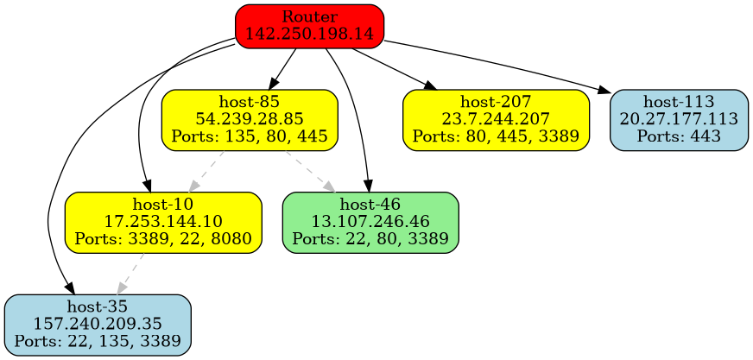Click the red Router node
pyautogui.click(x=309, y=25)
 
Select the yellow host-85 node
pyautogui.click(x=249, y=120)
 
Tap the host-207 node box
pyautogui.click(x=496, y=120)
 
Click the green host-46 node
pyautogui.click(x=370, y=222)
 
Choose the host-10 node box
pyautogui.click(x=163, y=222)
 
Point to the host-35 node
pyautogui.click(x=97, y=325)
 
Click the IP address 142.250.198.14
pyautogui.click(x=309, y=34)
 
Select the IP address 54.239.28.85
pyautogui.click(x=249, y=120)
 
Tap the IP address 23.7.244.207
pyautogui.click(x=496, y=120)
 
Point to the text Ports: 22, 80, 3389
pyautogui.click(x=370, y=237)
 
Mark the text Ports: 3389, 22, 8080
pyautogui.click(x=163, y=237)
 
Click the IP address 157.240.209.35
pyautogui.click(x=97, y=325)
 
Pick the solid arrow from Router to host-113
pyautogui.click(x=501, y=66)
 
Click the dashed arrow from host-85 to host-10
pyautogui.click(x=206, y=172)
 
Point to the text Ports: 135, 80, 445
pyautogui.click(x=249, y=136)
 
